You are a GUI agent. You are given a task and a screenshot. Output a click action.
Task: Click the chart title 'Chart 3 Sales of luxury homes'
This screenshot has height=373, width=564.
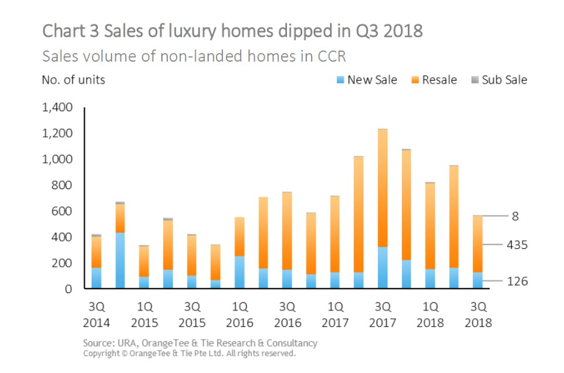[232, 31]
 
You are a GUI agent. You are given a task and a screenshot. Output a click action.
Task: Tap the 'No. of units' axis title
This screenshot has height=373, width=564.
[73, 80]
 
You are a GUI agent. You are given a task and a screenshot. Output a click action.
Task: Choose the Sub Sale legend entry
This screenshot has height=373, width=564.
[499, 80]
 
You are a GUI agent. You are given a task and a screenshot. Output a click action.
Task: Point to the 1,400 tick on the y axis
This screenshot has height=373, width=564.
[58, 107]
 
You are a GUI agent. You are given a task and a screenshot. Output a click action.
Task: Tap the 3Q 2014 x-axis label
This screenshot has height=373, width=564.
[96, 314]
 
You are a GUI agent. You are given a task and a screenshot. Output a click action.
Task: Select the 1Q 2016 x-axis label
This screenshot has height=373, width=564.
[239, 314]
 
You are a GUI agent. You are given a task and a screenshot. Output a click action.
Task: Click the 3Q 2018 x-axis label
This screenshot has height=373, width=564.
[478, 314]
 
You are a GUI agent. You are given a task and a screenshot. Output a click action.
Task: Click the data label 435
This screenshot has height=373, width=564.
[517, 244]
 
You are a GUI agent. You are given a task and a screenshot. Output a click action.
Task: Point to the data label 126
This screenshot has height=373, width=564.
[517, 281]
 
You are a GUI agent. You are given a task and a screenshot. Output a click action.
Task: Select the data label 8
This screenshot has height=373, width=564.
[515, 216]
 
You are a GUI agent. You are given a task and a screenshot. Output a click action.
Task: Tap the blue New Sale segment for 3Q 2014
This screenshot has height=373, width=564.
[96, 278]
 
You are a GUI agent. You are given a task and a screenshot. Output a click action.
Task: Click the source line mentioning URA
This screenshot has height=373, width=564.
[200, 343]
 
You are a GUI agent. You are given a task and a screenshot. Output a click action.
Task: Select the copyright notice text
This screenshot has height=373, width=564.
[190, 354]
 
